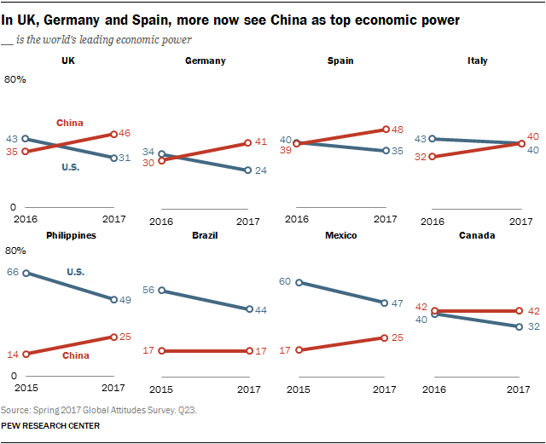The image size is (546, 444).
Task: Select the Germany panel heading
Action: click(206, 61)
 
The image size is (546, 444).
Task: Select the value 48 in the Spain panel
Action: click(397, 130)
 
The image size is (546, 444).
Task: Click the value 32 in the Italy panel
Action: click(421, 157)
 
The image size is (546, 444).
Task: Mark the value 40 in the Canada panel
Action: click(421, 319)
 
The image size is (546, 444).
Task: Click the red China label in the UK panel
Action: click(70, 123)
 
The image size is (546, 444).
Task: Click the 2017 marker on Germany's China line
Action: click(247, 142)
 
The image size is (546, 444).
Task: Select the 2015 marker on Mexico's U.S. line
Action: click(299, 282)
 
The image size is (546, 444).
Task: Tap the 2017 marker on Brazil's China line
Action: click(247, 350)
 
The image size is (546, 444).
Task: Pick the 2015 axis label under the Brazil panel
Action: click(160, 389)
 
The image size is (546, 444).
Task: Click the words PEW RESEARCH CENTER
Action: click(50, 425)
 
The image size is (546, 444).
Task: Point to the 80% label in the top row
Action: click(15, 79)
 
